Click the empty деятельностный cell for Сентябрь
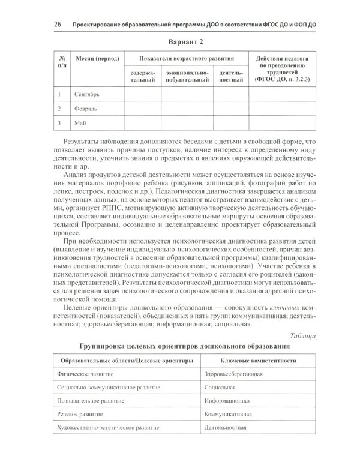point(230,94)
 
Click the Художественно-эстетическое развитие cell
point(104,428)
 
